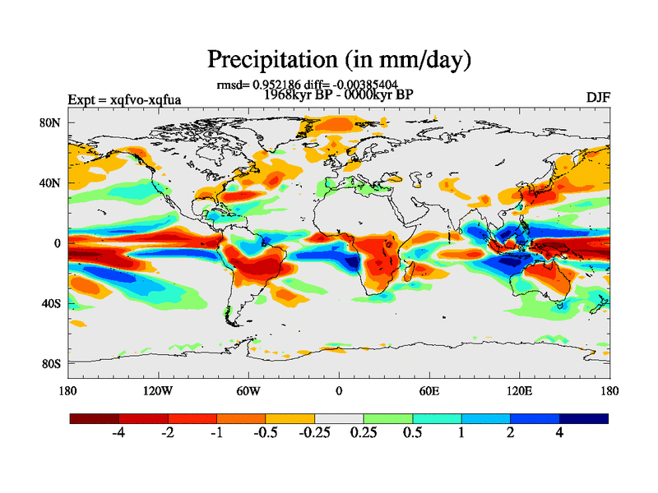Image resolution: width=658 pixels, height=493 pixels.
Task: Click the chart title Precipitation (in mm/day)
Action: pyautogui.click(x=338, y=59)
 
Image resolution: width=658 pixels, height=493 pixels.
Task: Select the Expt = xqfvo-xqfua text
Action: pyautogui.click(x=124, y=100)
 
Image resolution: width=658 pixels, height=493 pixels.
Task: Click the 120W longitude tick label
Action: pyautogui.click(x=157, y=390)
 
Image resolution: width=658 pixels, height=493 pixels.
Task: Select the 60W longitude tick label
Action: pyautogui.click(x=248, y=390)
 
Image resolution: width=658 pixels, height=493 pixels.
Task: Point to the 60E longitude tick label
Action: pyautogui.click(x=429, y=390)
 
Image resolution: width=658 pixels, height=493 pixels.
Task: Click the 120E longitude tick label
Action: pyautogui.click(x=519, y=390)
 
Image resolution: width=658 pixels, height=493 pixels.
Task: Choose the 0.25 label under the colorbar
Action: pyautogui.click(x=363, y=434)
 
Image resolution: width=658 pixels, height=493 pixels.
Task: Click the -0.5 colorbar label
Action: pyautogui.click(x=265, y=434)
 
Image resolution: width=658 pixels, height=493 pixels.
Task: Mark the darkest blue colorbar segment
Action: pyautogui.click(x=584, y=418)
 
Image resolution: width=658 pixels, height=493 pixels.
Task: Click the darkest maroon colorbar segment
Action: pyautogui.click(x=95, y=418)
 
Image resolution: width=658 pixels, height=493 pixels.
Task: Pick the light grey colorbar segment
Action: pyautogui.click(x=339, y=418)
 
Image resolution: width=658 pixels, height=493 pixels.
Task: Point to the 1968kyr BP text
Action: pyautogui.click(x=296, y=94)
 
